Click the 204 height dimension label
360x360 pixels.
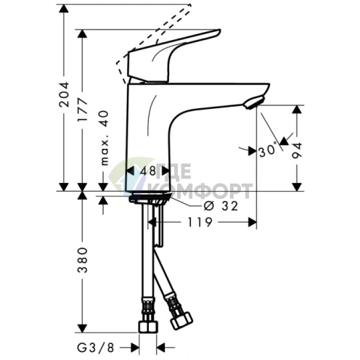pyautogui.click(x=64, y=94)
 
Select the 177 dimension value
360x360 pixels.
pyautogui.click(x=82, y=110)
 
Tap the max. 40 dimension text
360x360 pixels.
pyautogui.click(x=104, y=138)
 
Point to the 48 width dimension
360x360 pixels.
pyautogui.click(x=148, y=171)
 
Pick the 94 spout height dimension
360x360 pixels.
pyautogui.click(x=297, y=150)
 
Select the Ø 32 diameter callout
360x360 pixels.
pyautogui.click(x=221, y=206)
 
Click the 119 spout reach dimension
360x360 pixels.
pyautogui.click(x=200, y=222)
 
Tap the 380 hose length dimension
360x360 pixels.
pyautogui.click(x=82, y=260)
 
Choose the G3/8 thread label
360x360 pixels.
pyautogui.click(x=96, y=348)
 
